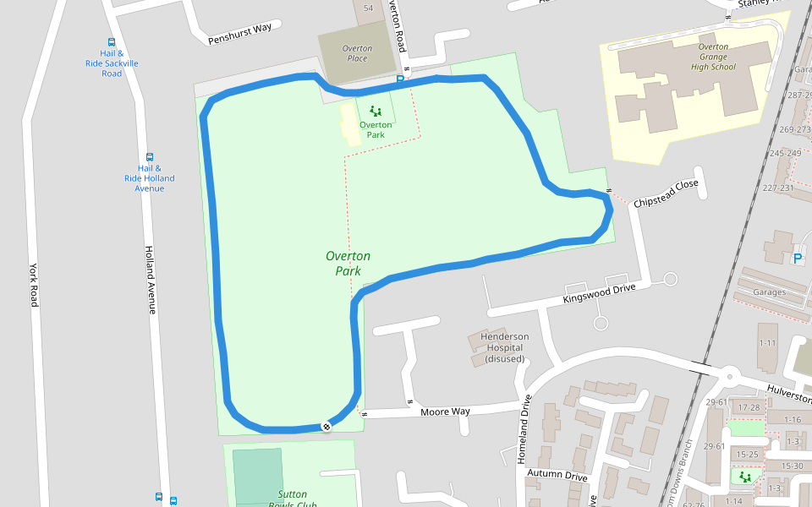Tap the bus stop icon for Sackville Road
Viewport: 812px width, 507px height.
[112, 42]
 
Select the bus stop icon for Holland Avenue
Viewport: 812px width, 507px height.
[150, 157]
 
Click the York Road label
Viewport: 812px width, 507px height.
[35, 283]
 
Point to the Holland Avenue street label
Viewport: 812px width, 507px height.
[151, 280]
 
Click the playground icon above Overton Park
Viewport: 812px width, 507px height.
[376, 111]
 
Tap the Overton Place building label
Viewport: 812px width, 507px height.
[357, 53]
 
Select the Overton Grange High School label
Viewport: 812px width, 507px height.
[713, 57]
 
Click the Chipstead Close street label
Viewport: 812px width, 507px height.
[667, 194]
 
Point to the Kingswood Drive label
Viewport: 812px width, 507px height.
[599, 293]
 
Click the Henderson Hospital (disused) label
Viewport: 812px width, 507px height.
[505, 347]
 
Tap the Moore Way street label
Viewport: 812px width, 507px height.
[445, 412]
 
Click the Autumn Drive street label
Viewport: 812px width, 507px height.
[557, 476]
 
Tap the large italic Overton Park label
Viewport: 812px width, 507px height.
[348, 263]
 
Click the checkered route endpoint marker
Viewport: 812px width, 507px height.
[326, 427]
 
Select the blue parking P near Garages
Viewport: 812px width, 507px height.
[797, 259]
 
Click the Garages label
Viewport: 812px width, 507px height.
[769, 292]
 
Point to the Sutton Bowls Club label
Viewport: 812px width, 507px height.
[293, 499]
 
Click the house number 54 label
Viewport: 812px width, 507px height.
[368, 8]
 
